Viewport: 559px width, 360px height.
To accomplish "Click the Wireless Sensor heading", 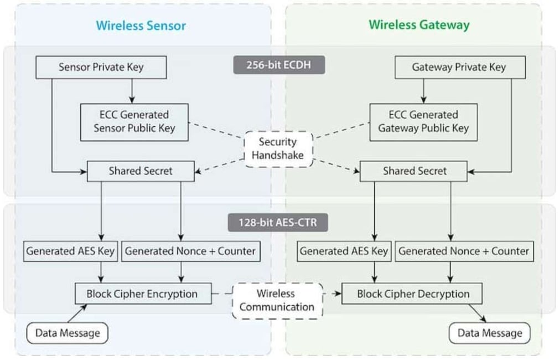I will click(x=141, y=25).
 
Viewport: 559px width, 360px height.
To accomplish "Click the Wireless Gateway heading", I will click(x=419, y=25).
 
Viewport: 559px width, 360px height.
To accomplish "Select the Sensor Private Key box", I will click(x=101, y=68).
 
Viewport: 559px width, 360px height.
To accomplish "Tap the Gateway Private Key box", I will click(x=459, y=68).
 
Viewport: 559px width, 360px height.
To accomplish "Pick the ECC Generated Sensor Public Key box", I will click(x=134, y=121).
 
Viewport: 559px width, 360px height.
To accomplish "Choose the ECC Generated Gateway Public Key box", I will click(x=423, y=121).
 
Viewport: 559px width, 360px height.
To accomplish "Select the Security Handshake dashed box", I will click(x=278, y=148).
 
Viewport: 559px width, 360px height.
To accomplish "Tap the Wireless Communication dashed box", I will click(x=277, y=300).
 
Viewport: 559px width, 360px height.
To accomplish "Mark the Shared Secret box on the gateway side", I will click(x=415, y=171).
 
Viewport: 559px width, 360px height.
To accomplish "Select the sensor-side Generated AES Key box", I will click(x=70, y=251).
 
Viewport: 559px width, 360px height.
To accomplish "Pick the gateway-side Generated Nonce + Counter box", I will click(x=464, y=251).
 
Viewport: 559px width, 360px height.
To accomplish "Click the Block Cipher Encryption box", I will click(x=143, y=294).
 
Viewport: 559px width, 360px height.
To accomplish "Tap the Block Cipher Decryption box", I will click(x=412, y=294).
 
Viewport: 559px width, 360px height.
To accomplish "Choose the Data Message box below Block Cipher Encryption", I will click(x=68, y=333).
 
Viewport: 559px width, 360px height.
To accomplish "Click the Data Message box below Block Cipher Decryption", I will click(x=489, y=333).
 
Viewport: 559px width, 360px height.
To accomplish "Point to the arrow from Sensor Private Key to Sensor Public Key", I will click(x=132, y=91).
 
